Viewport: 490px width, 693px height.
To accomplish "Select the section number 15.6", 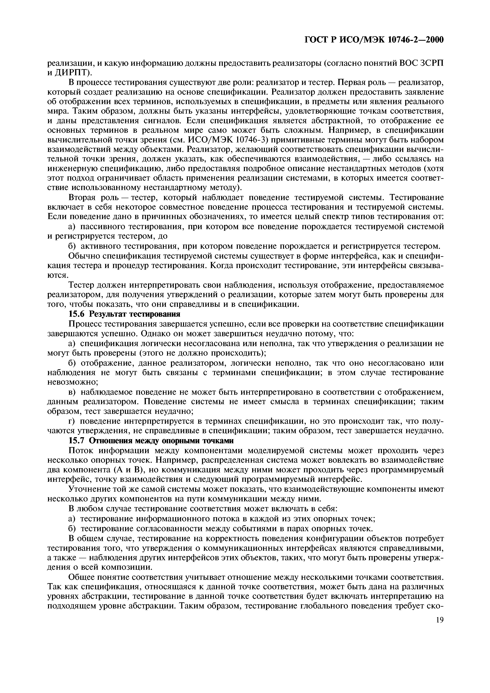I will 77,314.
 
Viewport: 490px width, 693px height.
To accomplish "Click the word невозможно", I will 73,382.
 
